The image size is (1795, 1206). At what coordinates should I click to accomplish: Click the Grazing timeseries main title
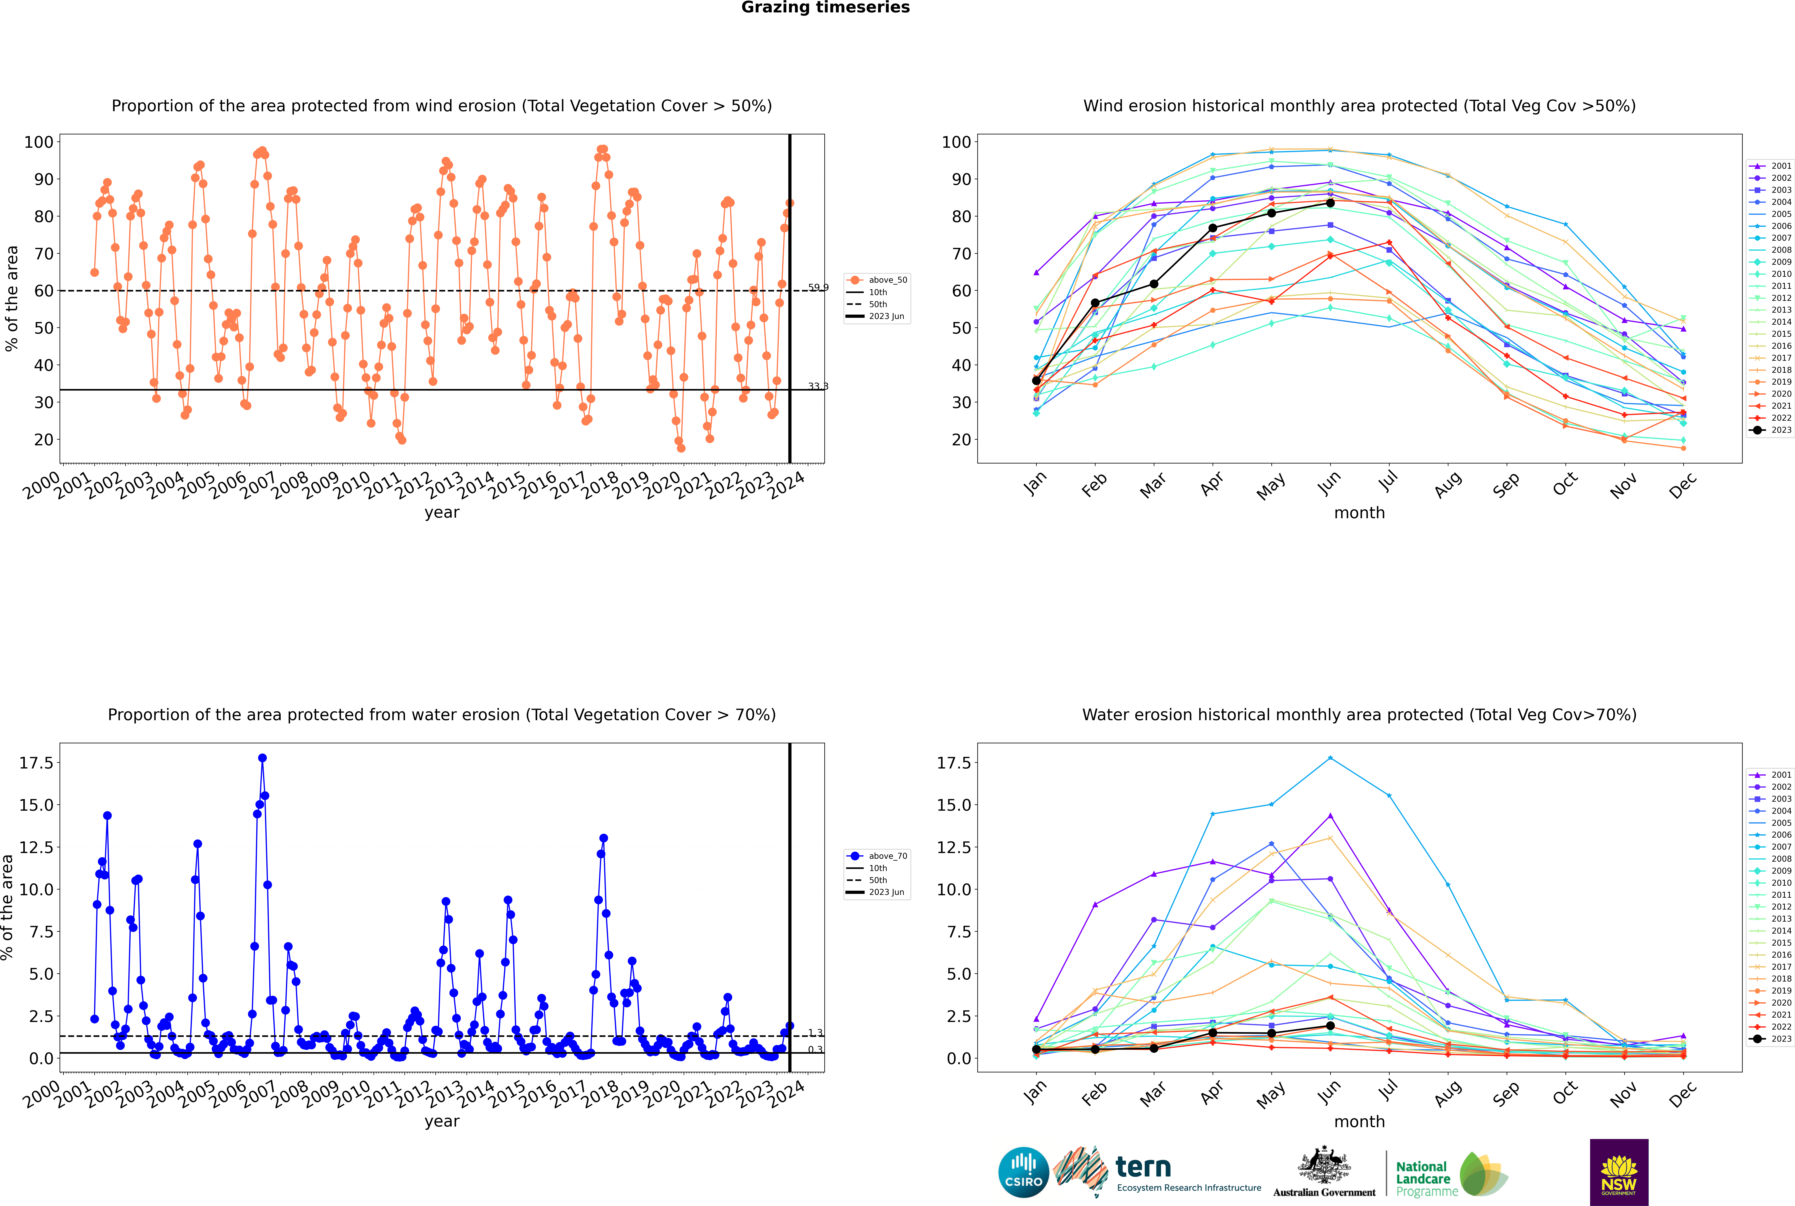click(x=825, y=8)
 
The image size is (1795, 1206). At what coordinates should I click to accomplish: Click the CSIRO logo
click(x=1023, y=1172)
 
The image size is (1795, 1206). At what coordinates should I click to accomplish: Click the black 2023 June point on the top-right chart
click(x=1330, y=203)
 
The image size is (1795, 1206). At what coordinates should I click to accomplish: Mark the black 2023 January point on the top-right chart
click(x=1036, y=381)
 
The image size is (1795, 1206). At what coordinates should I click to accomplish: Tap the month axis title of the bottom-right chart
click(x=1359, y=1121)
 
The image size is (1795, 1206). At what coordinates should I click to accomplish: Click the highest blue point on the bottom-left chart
click(x=262, y=758)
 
